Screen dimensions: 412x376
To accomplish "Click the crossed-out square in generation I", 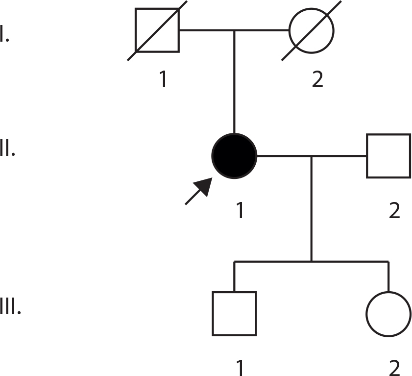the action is coord(157,30).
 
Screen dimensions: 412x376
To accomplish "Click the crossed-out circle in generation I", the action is coord(312,30).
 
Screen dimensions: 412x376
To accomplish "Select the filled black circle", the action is coord(234,156).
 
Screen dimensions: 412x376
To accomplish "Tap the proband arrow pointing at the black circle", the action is coord(198,191).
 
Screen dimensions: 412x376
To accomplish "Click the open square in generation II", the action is coord(388,156).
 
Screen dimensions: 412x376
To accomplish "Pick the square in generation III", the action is coord(234,314).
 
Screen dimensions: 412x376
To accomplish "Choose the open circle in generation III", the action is coord(388,314).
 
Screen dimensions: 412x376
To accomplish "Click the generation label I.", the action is coord(4,33).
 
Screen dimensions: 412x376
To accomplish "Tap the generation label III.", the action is coord(10,306).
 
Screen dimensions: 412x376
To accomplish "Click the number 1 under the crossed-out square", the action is coord(164,79).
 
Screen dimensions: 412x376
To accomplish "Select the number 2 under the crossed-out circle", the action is coord(317,79).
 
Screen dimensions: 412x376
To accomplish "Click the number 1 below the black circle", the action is coord(240,210).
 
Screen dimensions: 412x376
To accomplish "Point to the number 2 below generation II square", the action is coord(394,210).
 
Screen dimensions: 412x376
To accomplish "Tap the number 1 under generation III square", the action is coord(240,368).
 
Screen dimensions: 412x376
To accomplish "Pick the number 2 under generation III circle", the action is coord(394,368).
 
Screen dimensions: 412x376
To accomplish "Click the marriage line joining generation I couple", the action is coord(234,30).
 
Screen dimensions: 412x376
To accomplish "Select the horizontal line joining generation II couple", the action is coord(312,156).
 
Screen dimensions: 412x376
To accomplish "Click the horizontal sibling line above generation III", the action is coord(312,261).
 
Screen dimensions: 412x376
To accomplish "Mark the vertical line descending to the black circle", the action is coord(234,82).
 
